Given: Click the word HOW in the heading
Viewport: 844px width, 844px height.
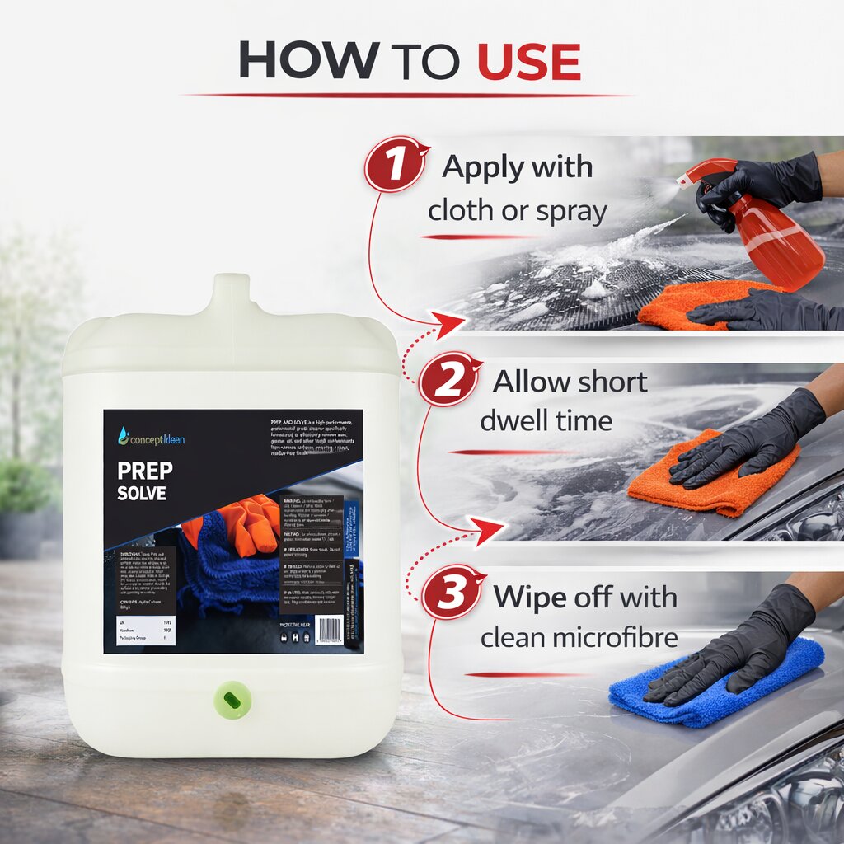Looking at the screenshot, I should coord(309,60).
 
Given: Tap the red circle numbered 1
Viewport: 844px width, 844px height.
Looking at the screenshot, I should coord(396,163).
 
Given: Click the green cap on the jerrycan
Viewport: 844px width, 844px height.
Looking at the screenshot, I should coord(231,699).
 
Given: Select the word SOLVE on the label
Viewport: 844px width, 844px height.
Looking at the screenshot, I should coord(141,494).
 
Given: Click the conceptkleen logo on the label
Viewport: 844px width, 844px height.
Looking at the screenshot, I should coord(151,438).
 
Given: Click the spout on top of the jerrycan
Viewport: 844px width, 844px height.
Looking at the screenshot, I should coord(231,293).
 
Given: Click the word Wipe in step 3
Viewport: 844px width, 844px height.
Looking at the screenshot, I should coord(532,598).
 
